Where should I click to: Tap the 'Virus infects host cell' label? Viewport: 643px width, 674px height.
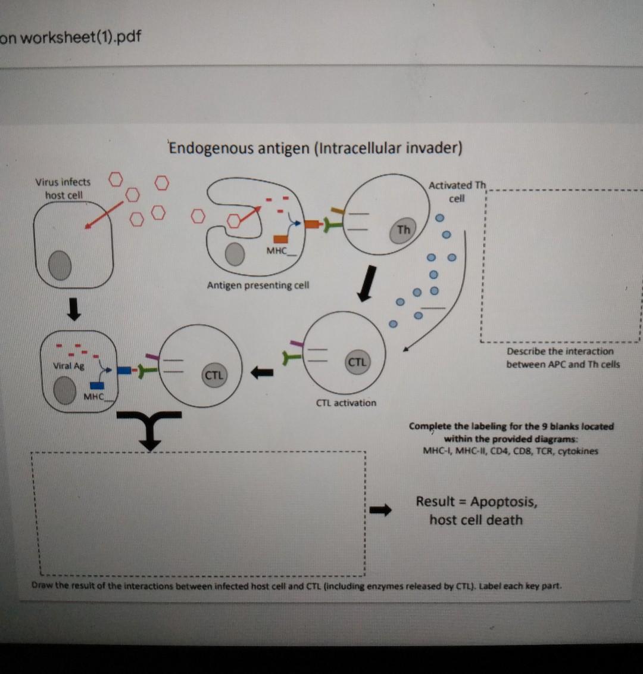(x=63, y=188)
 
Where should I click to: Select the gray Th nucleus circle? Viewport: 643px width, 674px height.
(x=403, y=230)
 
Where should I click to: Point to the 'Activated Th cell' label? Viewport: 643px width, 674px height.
(x=457, y=192)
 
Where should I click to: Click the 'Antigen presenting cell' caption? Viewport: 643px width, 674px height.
(x=258, y=285)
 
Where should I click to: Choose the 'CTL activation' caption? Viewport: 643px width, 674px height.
(x=346, y=403)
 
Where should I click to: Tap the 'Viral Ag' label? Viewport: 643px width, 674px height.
(x=68, y=366)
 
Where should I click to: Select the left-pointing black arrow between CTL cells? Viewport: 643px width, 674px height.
(x=261, y=373)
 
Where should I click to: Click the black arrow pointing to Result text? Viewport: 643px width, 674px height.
(x=381, y=510)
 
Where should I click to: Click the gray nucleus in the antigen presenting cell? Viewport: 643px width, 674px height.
(x=235, y=254)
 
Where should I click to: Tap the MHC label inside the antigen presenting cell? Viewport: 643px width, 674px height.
(x=277, y=251)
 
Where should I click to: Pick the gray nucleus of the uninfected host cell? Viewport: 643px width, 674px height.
(x=60, y=266)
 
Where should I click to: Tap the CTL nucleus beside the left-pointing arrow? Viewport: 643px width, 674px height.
(x=214, y=375)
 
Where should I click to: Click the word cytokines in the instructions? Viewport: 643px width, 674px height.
(x=576, y=451)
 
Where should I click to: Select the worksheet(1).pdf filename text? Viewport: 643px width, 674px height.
(x=71, y=37)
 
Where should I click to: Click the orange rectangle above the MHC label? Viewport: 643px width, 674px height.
(x=280, y=238)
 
